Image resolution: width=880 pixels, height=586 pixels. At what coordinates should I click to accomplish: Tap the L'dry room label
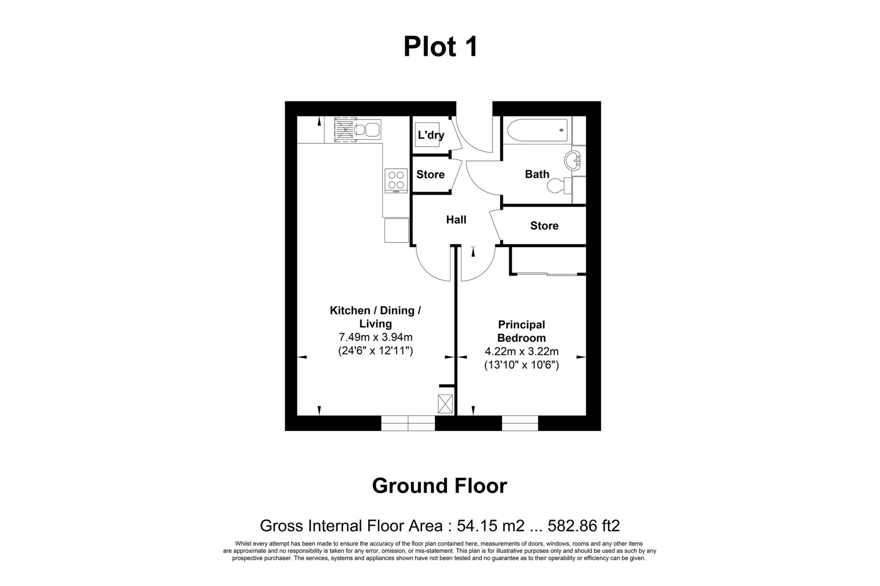pyautogui.click(x=431, y=135)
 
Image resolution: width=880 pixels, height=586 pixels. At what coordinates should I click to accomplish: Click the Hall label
pyautogui.click(x=456, y=220)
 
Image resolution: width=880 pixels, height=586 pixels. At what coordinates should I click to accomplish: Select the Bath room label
pyautogui.click(x=537, y=174)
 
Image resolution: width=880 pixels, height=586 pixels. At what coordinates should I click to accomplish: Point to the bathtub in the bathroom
pyautogui.click(x=537, y=130)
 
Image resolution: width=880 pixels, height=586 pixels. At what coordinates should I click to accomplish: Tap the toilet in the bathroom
pyautogui.click(x=557, y=186)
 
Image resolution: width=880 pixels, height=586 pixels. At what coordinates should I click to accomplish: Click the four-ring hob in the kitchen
pyautogui.click(x=396, y=180)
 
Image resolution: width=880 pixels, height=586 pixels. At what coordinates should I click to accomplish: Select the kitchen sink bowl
pyautogui.click(x=373, y=130)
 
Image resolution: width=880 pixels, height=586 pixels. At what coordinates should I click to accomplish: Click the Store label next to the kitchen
pyautogui.click(x=430, y=175)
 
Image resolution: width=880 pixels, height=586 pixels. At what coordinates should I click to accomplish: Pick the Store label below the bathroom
pyautogui.click(x=544, y=226)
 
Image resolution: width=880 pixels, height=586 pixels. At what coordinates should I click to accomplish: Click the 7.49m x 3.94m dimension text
pyautogui.click(x=376, y=337)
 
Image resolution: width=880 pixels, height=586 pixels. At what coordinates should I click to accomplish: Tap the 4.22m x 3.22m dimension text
pyautogui.click(x=521, y=352)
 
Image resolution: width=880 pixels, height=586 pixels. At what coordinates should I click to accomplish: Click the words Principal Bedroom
pyautogui.click(x=521, y=331)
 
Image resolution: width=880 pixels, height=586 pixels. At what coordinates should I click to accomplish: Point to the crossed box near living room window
pyautogui.click(x=445, y=404)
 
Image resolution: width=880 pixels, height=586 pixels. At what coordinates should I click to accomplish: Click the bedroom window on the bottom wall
pyautogui.click(x=520, y=423)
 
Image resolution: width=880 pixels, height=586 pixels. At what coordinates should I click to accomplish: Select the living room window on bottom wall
pyautogui.click(x=408, y=423)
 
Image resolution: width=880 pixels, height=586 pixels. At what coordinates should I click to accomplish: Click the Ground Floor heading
pyautogui.click(x=440, y=486)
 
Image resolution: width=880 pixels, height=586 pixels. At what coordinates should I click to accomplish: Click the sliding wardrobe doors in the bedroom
pyautogui.click(x=547, y=274)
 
